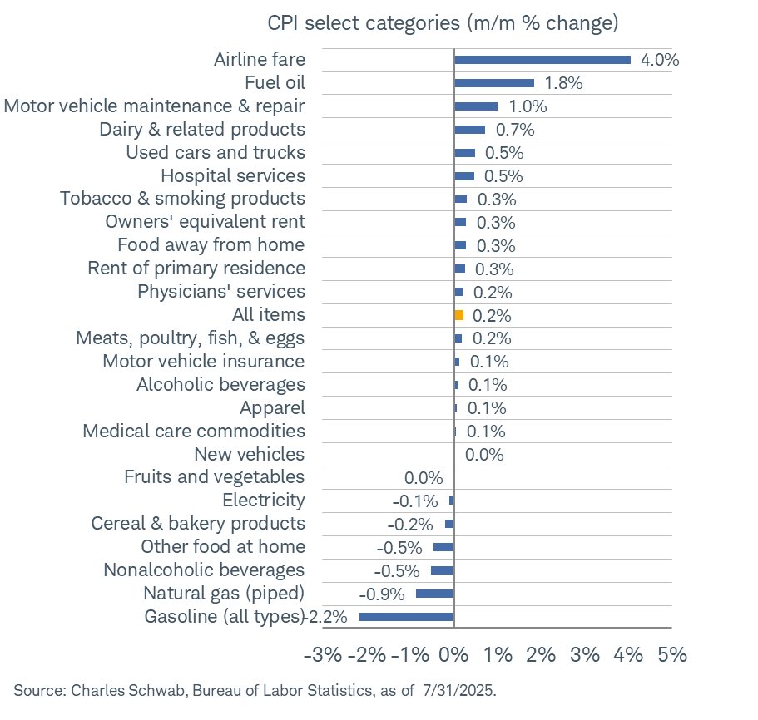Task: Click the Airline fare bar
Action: coord(542,60)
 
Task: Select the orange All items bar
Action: coord(458,315)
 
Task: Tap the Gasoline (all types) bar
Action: coord(406,617)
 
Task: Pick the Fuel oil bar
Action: coord(493,83)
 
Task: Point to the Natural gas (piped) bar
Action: coord(434,594)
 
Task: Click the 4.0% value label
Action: coord(661,60)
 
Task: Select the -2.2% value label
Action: coord(329,617)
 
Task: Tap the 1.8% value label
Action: coord(563,83)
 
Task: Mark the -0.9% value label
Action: coord(382,594)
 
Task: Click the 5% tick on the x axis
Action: coord(671,655)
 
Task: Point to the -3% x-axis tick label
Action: coord(323,655)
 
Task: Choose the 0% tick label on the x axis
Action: coord(453,655)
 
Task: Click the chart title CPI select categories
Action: coord(443,22)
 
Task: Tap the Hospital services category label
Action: coord(233,176)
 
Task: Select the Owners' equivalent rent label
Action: coord(206,223)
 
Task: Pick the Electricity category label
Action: coord(264,501)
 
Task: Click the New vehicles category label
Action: coord(250,454)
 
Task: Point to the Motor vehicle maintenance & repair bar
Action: coord(476,106)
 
